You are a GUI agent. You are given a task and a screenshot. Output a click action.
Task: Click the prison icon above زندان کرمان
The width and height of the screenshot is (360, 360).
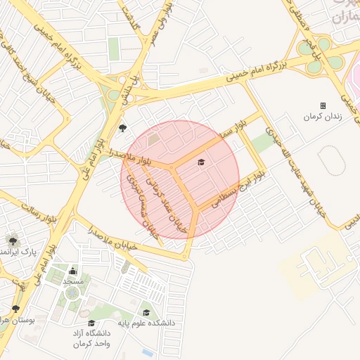click(x=323, y=105)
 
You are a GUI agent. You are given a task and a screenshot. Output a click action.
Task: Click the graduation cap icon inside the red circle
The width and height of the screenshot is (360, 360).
click(x=201, y=162)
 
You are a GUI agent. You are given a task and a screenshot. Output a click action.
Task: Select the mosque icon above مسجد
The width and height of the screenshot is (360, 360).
click(x=73, y=271)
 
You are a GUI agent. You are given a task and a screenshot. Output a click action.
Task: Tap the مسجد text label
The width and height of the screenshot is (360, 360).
click(x=73, y=281)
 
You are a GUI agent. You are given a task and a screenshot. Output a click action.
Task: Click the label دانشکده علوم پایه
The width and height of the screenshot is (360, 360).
click(x=146, y=323)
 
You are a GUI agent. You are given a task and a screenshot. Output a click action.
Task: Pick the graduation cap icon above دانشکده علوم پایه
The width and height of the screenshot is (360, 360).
click(x=146, y=313)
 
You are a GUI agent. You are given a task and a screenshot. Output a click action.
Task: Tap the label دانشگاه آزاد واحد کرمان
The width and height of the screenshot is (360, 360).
click(x=91, y=338)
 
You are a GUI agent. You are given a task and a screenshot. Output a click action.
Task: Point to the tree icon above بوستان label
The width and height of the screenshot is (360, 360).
click(x=15, y=309)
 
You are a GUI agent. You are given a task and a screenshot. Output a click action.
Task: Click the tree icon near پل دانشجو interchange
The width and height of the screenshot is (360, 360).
click(x=123, y=128)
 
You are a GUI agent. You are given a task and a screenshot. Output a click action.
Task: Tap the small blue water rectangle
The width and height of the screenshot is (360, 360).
click(x=147, y=352)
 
